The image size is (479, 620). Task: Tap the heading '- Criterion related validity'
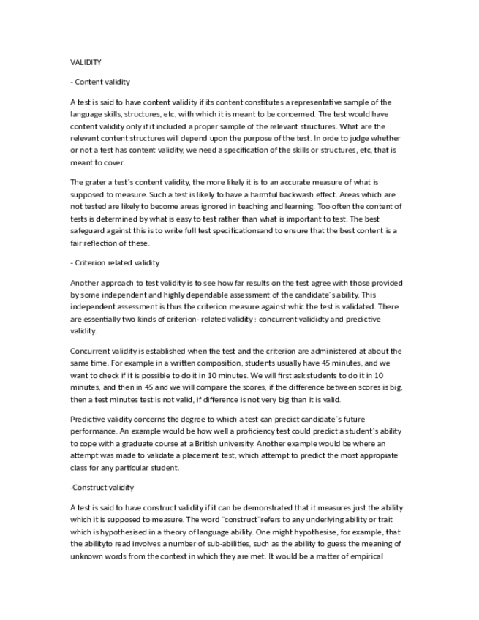(x=115, y=262)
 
